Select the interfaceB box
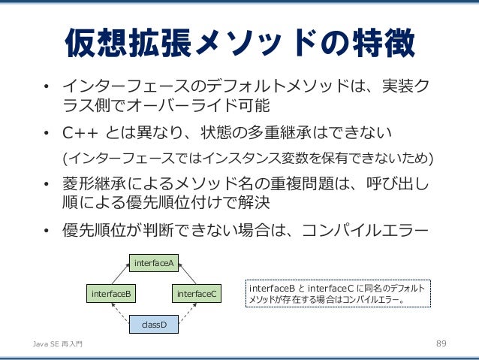tap(110, 294)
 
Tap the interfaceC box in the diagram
tap(197, 294)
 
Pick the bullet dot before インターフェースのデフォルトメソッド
tap(47, 83)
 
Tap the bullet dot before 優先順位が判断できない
tap(47, 230)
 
